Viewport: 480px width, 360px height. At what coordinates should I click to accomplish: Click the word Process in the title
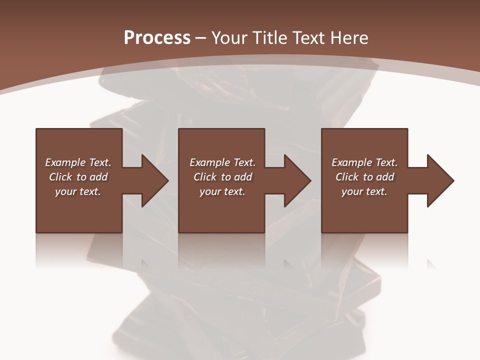(x=157, y=38)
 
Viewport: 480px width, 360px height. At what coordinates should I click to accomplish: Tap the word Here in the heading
(x=348, y=38)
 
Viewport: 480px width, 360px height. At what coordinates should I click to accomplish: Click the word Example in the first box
(x=65, y=162)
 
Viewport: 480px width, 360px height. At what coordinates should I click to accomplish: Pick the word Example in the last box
(x=351, y=162)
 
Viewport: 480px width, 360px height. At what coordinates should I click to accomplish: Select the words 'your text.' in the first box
(x=78, y=191)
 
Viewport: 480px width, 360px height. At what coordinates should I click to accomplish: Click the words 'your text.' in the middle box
(x=222, y=191)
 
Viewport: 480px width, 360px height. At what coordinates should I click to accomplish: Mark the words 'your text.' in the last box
(x=364, y=191)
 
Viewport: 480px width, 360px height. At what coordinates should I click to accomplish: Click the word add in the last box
(x=384, y=177)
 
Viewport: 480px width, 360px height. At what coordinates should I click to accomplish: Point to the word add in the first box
(x=98, y=177)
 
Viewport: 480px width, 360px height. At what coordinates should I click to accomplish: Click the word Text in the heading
(x=306, y=38)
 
